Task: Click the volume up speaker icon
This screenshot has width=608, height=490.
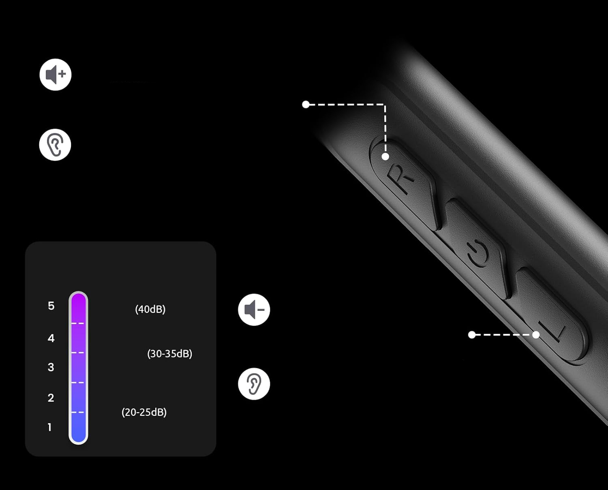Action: point(56,75)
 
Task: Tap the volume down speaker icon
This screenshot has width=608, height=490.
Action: point(254,310)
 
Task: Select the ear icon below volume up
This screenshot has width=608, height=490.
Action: point(55,145)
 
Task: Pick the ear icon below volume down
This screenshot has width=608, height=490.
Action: point(254,383)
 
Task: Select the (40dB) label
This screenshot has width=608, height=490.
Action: point(150,309)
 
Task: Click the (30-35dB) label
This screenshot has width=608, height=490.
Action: point(169,353)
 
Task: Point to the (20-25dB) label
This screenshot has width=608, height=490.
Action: point(144,412)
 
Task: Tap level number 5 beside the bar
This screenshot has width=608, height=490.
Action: point(51,306)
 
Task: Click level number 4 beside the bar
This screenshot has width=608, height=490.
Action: point(51,338)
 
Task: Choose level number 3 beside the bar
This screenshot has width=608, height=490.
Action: point(51,367)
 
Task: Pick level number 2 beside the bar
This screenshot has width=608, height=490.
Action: point(51,398)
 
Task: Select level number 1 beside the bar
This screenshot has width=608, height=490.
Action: point(49,427)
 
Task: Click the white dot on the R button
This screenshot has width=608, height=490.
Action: point(385,156)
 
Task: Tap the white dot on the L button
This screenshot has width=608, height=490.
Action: point(536,335)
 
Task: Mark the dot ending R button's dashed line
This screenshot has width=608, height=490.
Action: point(306,105)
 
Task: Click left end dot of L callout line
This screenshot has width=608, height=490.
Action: point(472,335)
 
